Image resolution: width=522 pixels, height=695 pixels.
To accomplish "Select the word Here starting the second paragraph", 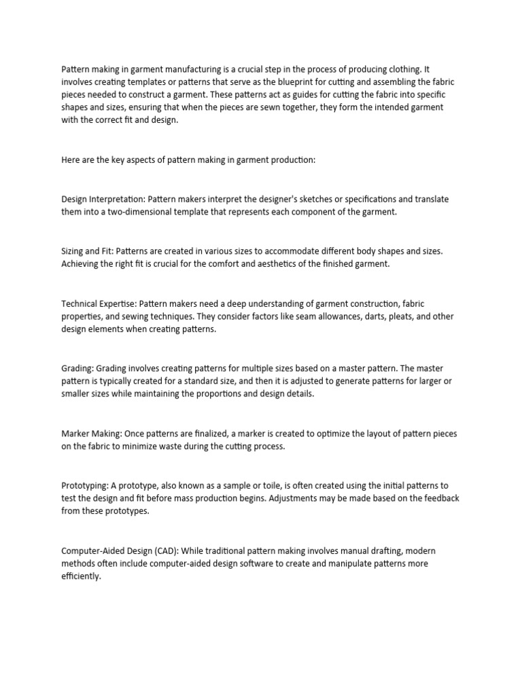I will click(71, 159).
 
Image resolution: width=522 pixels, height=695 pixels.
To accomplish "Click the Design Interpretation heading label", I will click(103, 199).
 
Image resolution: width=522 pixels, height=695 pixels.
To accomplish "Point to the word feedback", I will click(440, 499).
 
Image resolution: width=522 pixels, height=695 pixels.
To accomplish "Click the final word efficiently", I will click(81, 577).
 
